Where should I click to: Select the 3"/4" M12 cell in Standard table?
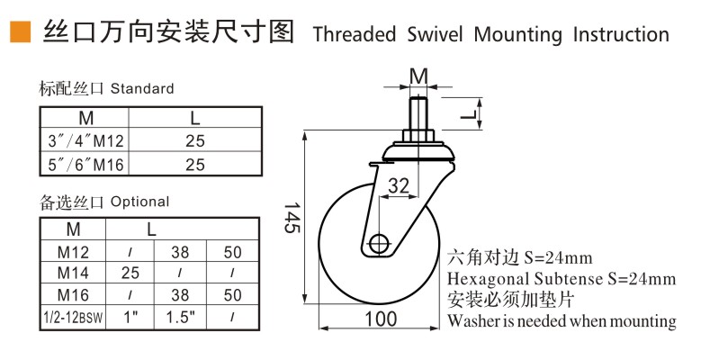pos(85,140)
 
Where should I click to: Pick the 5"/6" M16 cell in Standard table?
pos(85,164)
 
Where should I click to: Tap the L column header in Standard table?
pos(194,118)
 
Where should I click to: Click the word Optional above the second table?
pos(139,202)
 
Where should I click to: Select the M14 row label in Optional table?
pos(73,271)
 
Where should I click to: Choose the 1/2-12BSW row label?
pos(73,317)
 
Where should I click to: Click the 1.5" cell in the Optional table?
pos(181,317)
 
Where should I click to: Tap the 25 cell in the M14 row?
pos(130,271)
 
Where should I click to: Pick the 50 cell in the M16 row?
pos(233,294)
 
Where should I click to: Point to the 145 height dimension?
pos(291,216)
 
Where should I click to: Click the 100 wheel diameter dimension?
pos(380,319)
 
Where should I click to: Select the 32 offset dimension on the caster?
pos(400,185)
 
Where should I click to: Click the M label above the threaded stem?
pos(418,74)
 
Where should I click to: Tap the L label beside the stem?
pos(468,114)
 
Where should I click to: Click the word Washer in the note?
pos(473,320)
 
